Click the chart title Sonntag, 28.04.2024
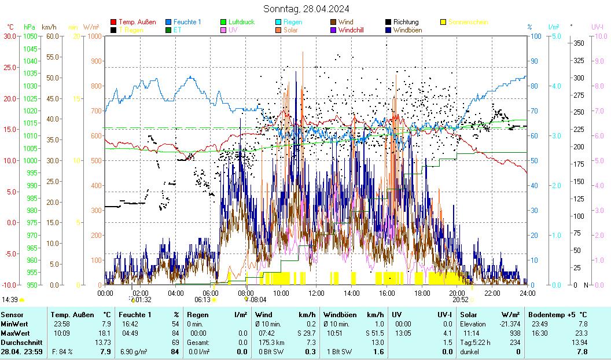306,9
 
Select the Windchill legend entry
355,30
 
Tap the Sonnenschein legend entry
468,22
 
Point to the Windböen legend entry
407,30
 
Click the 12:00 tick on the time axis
316,293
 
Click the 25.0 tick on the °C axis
10,67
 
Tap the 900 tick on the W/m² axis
93,61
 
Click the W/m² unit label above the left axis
91,27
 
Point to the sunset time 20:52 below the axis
460,300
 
